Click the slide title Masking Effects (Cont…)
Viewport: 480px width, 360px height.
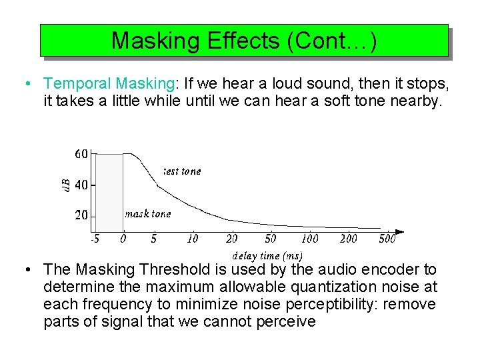tap(244, 41)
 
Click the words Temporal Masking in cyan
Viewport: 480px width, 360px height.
tap(109, 84)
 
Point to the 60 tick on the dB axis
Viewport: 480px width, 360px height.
tap(81, 154)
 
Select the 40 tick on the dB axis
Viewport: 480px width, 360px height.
tap(81, 185)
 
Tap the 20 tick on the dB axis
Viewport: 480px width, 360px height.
tap(81, 215)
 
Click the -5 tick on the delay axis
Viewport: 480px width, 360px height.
tap(95, 238)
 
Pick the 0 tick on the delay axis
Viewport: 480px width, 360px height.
tap(123, 238)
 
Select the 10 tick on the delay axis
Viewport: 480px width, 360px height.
tap(193, 238)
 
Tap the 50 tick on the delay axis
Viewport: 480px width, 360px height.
tap(271, 238)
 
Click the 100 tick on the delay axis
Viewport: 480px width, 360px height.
tap(309, 238)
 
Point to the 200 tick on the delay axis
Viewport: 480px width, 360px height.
tap(348, 238)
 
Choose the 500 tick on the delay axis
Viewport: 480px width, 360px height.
tap(387, 238)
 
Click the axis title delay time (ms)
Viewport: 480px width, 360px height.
tap(267, 255)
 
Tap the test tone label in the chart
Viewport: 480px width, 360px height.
tap(182, 171)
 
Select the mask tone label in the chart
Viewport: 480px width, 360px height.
tap(148, 214)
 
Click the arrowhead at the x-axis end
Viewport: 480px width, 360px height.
tap(400, 231)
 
